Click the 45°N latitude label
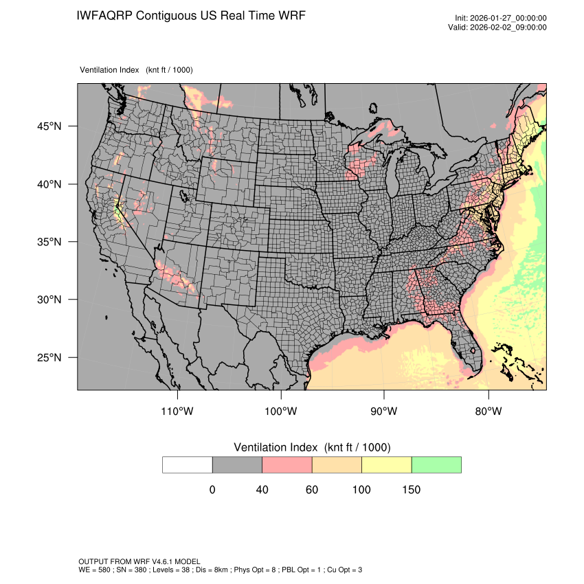49,126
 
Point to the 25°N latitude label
49,357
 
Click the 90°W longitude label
384,412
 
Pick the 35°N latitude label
49,242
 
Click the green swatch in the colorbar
436,464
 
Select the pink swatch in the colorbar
287,464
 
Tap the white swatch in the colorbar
188,464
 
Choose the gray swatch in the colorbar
237,464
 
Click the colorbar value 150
411,490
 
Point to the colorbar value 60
312,490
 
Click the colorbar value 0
212,490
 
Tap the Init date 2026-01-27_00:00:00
510,19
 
